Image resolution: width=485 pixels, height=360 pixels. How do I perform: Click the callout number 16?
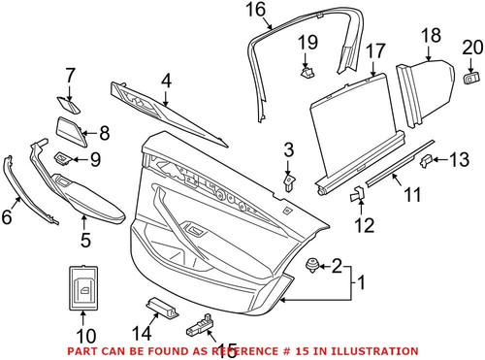pyautogui.click(x=254, y=11)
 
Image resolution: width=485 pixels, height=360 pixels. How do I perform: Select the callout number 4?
pyautogui.click(x=166, y=82)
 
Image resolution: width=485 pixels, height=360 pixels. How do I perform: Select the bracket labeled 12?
pyautogui.click(x=356, y=194)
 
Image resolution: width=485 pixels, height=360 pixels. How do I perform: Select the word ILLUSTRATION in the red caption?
pyautogui.click(x=372, y=350)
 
